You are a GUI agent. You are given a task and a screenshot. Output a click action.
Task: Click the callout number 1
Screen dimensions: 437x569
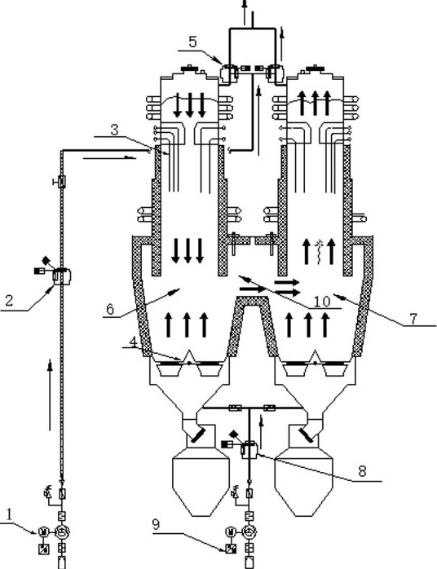click(10, 514)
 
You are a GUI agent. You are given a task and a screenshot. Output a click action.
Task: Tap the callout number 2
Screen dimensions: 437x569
click(9, 301)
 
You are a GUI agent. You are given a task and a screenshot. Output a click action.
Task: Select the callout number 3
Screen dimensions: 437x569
click(115, 130)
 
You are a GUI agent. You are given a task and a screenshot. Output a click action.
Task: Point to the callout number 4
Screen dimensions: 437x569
click(133, 342)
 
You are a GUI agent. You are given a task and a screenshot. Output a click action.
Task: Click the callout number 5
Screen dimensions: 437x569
click(192, 42)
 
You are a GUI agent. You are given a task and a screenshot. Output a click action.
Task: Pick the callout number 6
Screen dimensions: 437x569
click(110, 309)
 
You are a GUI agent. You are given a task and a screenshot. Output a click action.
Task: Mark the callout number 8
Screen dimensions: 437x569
click(362, 471)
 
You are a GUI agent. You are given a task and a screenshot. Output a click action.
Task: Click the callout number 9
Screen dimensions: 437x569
click(156, 525)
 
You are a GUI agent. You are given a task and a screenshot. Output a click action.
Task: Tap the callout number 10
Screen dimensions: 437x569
click(322, 301)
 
